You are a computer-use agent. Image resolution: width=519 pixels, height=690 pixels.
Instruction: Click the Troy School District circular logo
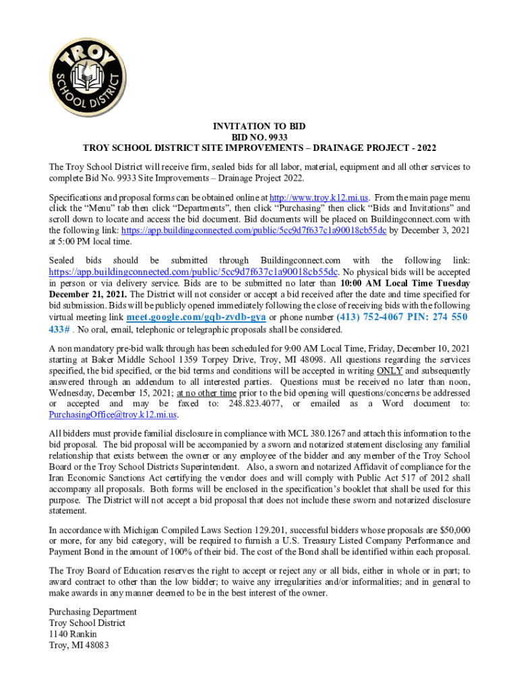point(87,70)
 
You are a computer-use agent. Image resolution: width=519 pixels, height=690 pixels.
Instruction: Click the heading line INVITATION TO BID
point(259,126)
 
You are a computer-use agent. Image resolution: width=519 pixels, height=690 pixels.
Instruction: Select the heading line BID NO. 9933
point(259,136)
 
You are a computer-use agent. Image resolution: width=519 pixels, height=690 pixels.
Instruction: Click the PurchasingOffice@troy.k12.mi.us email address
point(113,414)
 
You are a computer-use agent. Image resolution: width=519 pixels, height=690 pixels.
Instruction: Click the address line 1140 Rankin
point(73,634)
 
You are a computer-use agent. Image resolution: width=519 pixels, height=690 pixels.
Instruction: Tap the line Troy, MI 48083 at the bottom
point(79,646)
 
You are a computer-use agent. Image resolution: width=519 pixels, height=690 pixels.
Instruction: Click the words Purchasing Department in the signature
point(93,612)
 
